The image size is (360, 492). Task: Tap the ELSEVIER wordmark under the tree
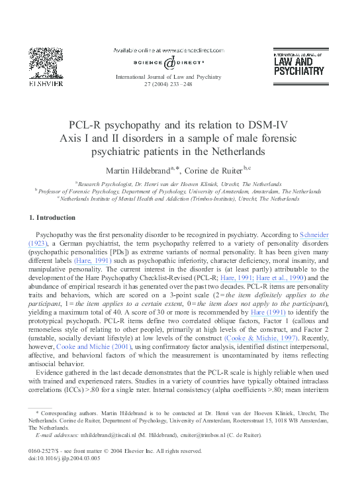pyautogui.click(x=46, y=84)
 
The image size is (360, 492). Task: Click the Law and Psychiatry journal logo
pyautogui.click(x=298, y=62)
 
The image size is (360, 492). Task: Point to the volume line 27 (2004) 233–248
pyautogui.click(x=168, y=85)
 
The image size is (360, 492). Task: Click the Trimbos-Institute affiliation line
pyautogui.click(x=180, y=198)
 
